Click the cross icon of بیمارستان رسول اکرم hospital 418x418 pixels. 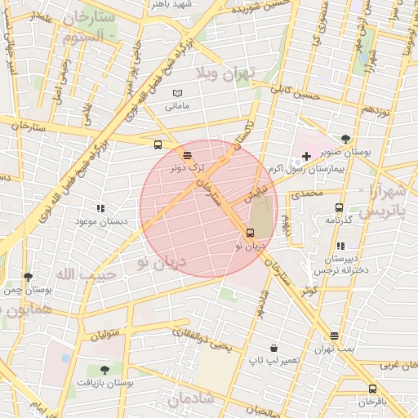pyautogui.click(x=306, y=156)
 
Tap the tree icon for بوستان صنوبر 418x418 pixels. pyautogui.click(x=345, y=139)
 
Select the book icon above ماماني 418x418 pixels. pyautogui.click(x=177, y=94)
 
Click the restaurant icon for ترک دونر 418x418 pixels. pyautogui.click(x=188, y=154)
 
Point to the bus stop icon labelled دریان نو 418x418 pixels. pyautogui.click(x=250, y=232)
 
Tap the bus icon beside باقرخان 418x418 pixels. pyautogui.click(x=372, y=389)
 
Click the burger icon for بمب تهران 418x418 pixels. pyautogui.click(x=335, y=336)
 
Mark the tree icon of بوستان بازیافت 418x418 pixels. pyautogui.click(x=104, y=370)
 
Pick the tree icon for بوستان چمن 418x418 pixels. pyautogui.click(x=29, y=278)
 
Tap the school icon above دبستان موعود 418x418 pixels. pyautogui.click(x=100, y=209)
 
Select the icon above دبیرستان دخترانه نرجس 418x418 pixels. pyautogui.click(x=340, y=246)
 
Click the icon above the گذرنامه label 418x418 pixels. pyautogui.click(x=339, y=207)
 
